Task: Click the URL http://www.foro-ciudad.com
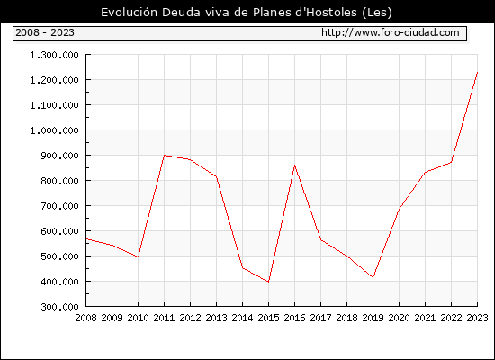(x=391, y=32)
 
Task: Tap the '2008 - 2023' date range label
(x=45, y=32)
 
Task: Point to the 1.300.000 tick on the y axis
(x=54, y=55)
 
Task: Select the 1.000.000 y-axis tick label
(x=54, y=130)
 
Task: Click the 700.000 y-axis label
(x=59, y=206)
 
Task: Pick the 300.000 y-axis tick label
(x=59, y=307)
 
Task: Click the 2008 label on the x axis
(x=85, y=318)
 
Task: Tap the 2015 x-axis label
(x=269, y=318)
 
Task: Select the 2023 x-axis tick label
(x=477, y=318)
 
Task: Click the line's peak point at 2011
(x=164, y=156)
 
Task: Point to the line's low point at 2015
(x=269, y=282)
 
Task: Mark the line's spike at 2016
(x=295, y=166)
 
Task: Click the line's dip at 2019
(x=373, y=277)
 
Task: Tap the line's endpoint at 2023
(x=477, y=72)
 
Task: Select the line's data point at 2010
(x=138, y=257)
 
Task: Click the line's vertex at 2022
(x=452, y=162)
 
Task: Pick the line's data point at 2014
(x=242, y=268)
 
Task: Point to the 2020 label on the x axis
(x=399, y=318)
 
